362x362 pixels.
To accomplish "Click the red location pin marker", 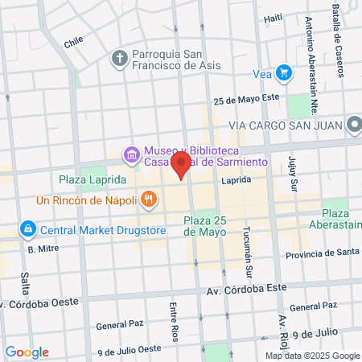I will point(181,166).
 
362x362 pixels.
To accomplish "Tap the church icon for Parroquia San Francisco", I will point(120,58).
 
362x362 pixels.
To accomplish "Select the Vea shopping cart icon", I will point(283,73).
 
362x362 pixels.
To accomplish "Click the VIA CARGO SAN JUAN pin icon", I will point(355,125).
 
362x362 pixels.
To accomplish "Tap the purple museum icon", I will point(130,153).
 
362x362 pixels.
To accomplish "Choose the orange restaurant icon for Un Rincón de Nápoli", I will point(148,199).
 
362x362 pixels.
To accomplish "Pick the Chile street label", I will point(73,41).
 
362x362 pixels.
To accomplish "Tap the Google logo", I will point(27,352).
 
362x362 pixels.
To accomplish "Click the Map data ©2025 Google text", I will point(313,356).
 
